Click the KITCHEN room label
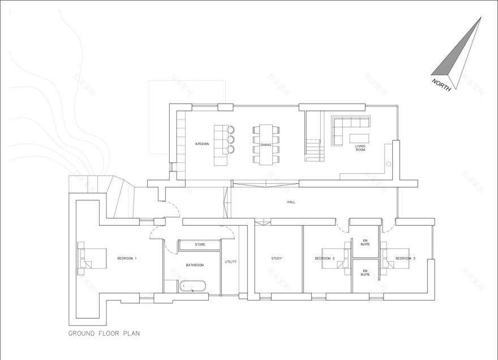point(202,144)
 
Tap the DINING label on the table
point(266,145)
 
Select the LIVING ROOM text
point(360,148)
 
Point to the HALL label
point(291,202)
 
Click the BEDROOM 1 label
point(127,258)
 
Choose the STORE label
point(200,245)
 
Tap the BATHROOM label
point(195,265)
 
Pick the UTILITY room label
point(231,262)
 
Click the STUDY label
point(277,259)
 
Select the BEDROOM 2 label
point(325,259)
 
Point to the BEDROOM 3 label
point(405,259)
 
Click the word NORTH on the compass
point(441,85)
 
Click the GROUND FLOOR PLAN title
point(104,333)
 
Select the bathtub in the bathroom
point(195,286)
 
